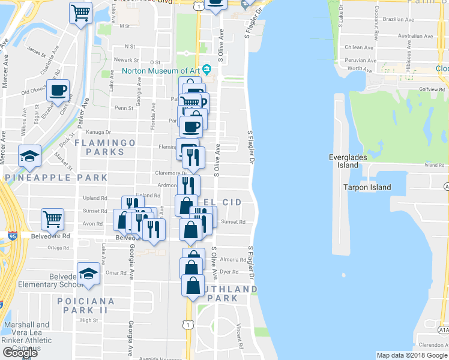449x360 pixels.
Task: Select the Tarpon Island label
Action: pyautogui.click(x=367, y=187)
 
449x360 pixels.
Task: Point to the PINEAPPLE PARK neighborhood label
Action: pyautogui.click(x=56, y=178)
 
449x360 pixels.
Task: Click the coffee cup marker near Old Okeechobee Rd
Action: pyautogui.click(x=58, y=91)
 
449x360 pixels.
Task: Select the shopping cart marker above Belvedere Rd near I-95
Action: pyautogui.click(x=53, y=218)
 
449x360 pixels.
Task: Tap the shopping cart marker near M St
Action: pyautogui.click(x=80, y=12)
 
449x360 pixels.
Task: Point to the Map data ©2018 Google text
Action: pyautogui.click(x=411, y=355)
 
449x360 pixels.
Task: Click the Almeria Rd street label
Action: pyautogui.click(x=234, y=260)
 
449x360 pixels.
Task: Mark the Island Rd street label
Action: pyautogui.click(x=434, y=165)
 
